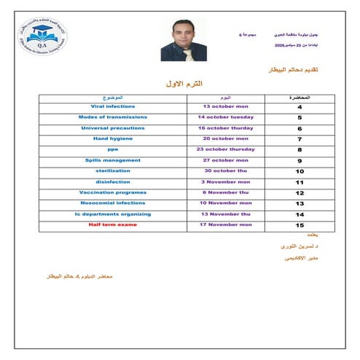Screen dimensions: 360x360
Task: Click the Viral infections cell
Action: [107, 106]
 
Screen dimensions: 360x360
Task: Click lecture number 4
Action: [300, 107]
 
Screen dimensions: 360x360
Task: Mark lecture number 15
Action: [300, 225]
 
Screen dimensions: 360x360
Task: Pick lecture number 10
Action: [300, 171]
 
